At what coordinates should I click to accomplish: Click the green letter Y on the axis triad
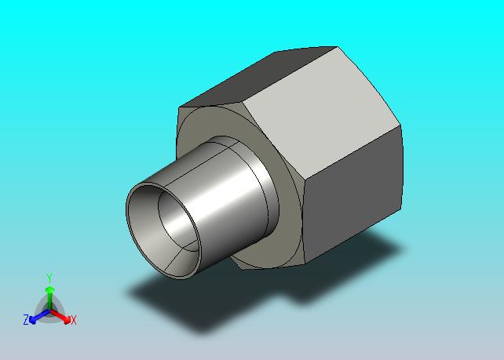tap(49, 278)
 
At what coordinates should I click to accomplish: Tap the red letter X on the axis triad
tap(74, 320)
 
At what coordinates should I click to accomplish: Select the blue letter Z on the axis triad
tap(26, 320)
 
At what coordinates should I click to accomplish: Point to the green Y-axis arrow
tap(49, 299)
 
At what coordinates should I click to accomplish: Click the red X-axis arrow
tap(60, 315)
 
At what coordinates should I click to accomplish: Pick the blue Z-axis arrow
tap(39, 316)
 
